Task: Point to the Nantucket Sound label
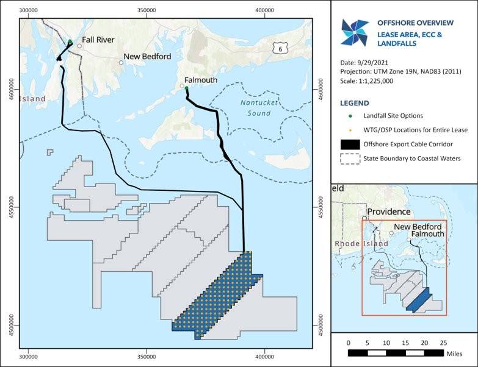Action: point(255,109)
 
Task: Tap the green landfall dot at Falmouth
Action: point(186,88)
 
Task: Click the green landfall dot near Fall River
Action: point(70,42)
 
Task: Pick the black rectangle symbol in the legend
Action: point(348,144)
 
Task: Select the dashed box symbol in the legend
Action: point(348,159)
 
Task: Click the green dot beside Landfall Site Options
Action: point(348,116)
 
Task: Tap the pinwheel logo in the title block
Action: point(355,32)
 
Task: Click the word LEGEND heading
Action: point(355,102)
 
